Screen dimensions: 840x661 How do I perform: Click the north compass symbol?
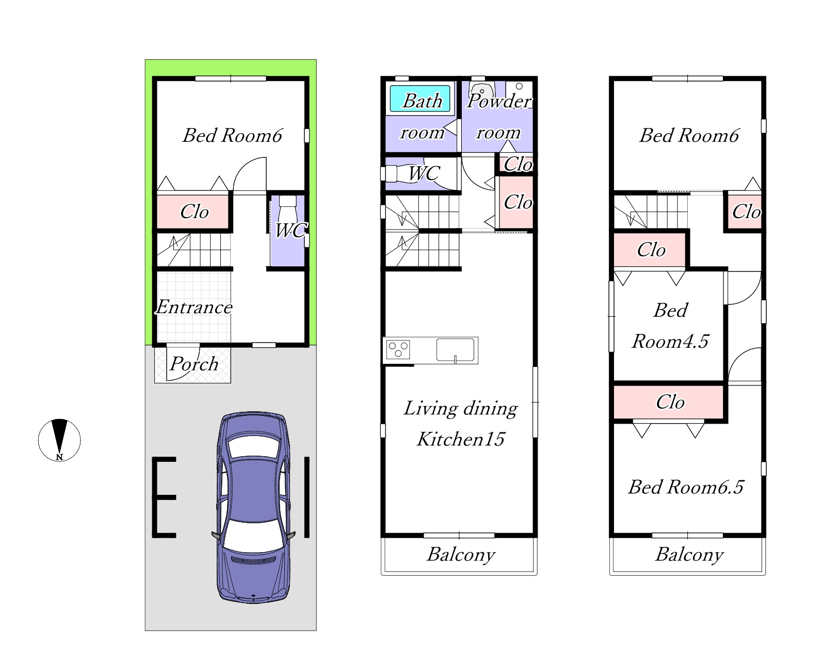(59, 440)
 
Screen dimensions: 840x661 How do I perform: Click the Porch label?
(194, 364)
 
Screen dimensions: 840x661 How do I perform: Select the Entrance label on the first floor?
(194, 307)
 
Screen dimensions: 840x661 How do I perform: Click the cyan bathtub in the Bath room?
(420, 99)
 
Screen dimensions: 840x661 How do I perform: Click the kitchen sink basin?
(455, 349)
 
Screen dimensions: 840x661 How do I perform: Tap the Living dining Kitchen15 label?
(461, 424)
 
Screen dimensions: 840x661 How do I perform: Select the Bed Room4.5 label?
(670, 326)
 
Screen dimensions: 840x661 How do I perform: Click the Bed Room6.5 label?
(686, 487)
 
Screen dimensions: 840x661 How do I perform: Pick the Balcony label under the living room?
(461, 555)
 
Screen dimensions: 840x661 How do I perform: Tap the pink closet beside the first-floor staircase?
(193, 212)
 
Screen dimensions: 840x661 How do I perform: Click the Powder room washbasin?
(482, 91)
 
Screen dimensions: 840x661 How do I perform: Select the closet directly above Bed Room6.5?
(669, 402)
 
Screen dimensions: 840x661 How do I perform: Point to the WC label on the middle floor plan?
(424, 173)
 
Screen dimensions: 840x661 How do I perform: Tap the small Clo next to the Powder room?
(518, 164)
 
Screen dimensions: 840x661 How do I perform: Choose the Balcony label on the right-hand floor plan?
(689, 555)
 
